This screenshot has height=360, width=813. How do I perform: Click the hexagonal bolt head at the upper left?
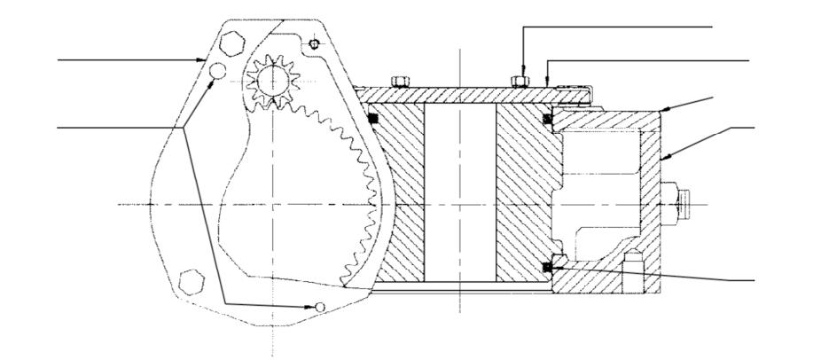pyautogui.click(x=230, y=42)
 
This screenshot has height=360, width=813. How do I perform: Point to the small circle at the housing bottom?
pyautogui.click(x=322, y=306)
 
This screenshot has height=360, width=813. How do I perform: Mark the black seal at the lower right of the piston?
pyautogui.click(x=550, y=263)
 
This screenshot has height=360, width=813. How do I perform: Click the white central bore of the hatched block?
pyautogui.click(x=459, y=191)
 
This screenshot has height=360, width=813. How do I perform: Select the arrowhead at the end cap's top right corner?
pyautogui.click(x=664, y=109)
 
